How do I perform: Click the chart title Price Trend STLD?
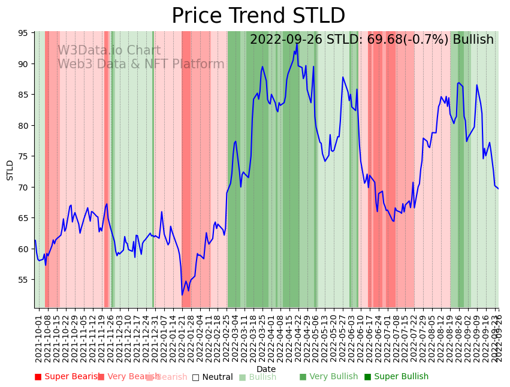[x=258, y=16]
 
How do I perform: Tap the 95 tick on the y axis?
[x=22, y=33]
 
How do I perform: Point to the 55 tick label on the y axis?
[x=22, y=280]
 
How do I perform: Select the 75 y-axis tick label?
[x=22, y=156]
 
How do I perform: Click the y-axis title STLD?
[x=10, y=170]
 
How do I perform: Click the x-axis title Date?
[x=266, y=370]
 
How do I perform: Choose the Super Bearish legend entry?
[x=67, y=377]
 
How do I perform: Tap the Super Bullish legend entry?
[x=396, y=377]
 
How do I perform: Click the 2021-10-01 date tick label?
[x=38, y=336]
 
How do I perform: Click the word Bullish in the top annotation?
[x=473, y=40]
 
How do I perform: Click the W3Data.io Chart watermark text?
[x=109, y=51]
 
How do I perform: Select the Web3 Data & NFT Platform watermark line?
[x=141, y=65]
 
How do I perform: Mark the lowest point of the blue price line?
[x=182, y=295]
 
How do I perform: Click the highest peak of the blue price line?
[x=297, y=43]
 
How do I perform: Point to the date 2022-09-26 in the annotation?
[x=285, y=40]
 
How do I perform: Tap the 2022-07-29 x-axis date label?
[x=424, y=336]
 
